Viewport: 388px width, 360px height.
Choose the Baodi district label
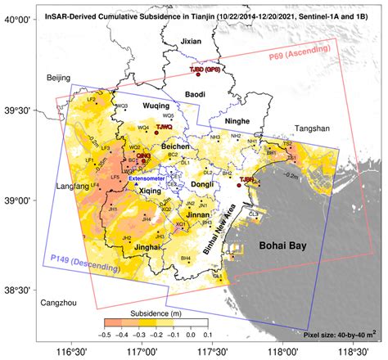194,95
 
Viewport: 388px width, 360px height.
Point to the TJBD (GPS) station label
205,70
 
